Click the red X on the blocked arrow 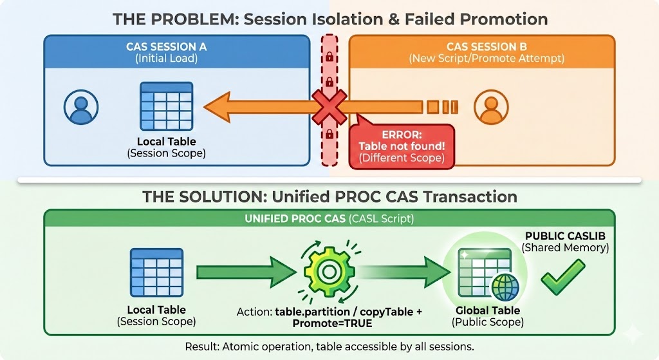(329, 106)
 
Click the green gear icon (326, 272)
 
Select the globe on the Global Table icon (505, 286)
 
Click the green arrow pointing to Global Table (405, 272)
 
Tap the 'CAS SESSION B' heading (487, 46)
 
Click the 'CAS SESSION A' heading (167, 46)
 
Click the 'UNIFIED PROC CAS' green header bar (329, 219)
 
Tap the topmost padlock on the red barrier (329, 57)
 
